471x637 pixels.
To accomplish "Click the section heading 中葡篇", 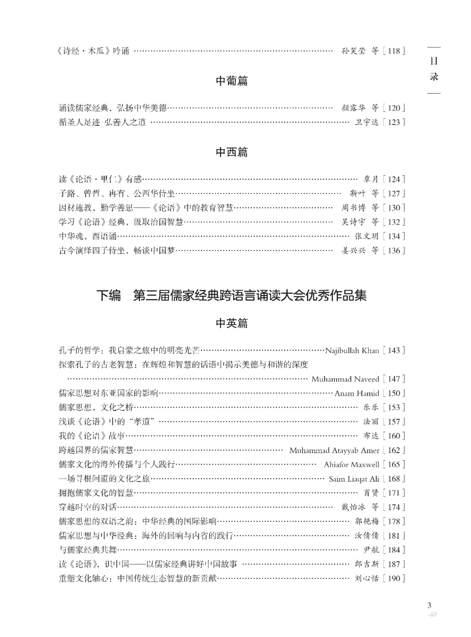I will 232,81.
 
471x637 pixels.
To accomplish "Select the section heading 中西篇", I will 232,152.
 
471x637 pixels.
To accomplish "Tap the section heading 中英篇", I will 232,323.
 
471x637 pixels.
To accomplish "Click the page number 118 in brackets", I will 393,51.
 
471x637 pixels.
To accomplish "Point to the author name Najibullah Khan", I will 352,351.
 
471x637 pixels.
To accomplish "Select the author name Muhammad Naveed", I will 345,379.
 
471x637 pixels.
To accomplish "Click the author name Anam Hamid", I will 357,393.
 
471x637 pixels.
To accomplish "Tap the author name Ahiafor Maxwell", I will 351,465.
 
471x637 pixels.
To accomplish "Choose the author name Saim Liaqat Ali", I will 354,479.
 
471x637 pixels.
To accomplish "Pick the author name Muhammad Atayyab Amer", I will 334,450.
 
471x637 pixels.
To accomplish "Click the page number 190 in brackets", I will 393,578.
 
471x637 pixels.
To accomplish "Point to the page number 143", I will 393,351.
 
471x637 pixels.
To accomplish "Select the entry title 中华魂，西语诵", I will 88,236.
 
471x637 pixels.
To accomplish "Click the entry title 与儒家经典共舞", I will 88,550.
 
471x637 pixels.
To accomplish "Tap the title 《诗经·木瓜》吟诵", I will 93,51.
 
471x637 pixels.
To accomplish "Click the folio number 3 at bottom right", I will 429,606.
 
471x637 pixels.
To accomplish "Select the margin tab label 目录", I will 434,69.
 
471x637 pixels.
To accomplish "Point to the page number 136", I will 393,251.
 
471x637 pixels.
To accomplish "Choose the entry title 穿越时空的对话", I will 88,507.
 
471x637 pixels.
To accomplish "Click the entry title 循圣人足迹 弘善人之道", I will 102,122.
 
